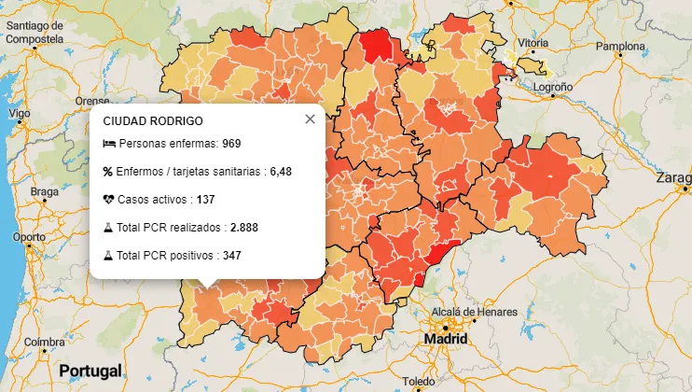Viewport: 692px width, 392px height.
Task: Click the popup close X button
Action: point(310,119)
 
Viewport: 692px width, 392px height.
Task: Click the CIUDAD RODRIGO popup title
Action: point(153,121)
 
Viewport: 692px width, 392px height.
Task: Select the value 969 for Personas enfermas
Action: point(231,145)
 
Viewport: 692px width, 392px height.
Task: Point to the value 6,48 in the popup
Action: point(281,172)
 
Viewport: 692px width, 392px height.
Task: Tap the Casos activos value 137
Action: point(206,200)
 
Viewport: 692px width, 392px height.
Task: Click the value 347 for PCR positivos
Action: point(232,255)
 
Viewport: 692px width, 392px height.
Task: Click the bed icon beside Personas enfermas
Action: point(108,145)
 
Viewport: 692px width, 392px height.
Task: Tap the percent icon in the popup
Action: point(108,172)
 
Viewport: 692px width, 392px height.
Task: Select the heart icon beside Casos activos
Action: point(108,200)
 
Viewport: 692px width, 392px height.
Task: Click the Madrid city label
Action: point(445,339)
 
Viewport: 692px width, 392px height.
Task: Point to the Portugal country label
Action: point(90,371)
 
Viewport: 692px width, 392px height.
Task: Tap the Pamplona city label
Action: point(620,46)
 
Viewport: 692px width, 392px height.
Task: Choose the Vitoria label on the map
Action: point(533,43)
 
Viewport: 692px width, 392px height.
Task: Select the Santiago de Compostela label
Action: point(34,33)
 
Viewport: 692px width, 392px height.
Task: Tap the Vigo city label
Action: point(19,113)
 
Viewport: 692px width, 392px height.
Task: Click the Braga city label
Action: point(44,191)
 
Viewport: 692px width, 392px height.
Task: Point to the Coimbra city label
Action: point(45,342)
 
